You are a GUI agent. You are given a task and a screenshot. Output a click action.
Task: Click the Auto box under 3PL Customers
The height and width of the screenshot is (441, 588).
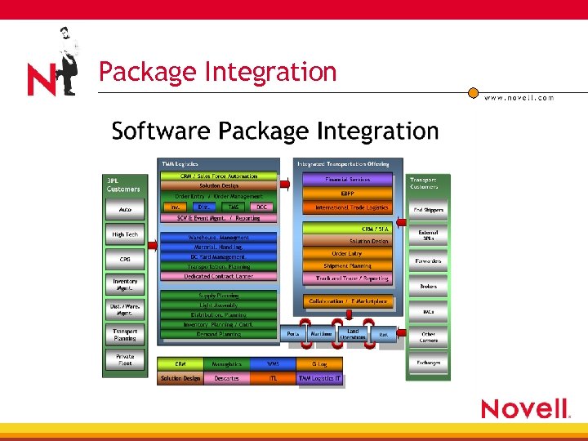pos(125,210)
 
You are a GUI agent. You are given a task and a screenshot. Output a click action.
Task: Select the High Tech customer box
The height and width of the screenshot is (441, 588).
pos(125,235)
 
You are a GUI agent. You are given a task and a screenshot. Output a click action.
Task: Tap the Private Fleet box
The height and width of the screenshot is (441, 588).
pos(125,360)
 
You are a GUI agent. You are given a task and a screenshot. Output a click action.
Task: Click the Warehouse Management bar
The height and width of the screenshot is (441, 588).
pos(219,238)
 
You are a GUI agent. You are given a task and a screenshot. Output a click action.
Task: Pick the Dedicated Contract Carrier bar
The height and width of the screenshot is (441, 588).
pos(219,277)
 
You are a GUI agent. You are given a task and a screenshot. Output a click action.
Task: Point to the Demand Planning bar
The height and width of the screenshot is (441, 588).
pos(219,334)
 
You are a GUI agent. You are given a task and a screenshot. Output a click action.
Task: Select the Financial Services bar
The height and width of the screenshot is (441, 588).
pos(347,180)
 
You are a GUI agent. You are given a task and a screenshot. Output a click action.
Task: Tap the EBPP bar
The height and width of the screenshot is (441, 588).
pos(347,194)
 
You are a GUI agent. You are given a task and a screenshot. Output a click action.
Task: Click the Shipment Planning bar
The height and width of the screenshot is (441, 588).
pos(347,265)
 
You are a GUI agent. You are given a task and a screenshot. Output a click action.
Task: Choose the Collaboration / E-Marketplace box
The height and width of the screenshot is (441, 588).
pos(348,301)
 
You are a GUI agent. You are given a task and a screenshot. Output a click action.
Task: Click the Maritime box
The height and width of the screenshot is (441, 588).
pos(321,334)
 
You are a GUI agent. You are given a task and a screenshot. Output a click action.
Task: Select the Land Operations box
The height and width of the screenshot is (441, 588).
pos(353,333)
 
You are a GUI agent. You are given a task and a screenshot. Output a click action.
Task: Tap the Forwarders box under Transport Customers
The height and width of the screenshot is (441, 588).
pos(428,261)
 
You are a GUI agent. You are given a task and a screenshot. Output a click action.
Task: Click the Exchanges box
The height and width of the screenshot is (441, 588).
pos(428,363)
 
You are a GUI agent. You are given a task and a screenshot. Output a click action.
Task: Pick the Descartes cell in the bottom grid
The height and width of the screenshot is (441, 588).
pos(227,378)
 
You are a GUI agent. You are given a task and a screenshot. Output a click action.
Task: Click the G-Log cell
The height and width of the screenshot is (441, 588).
pos(319,363)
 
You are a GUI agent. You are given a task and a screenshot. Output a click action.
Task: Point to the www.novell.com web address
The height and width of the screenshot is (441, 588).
pos(519,98)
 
